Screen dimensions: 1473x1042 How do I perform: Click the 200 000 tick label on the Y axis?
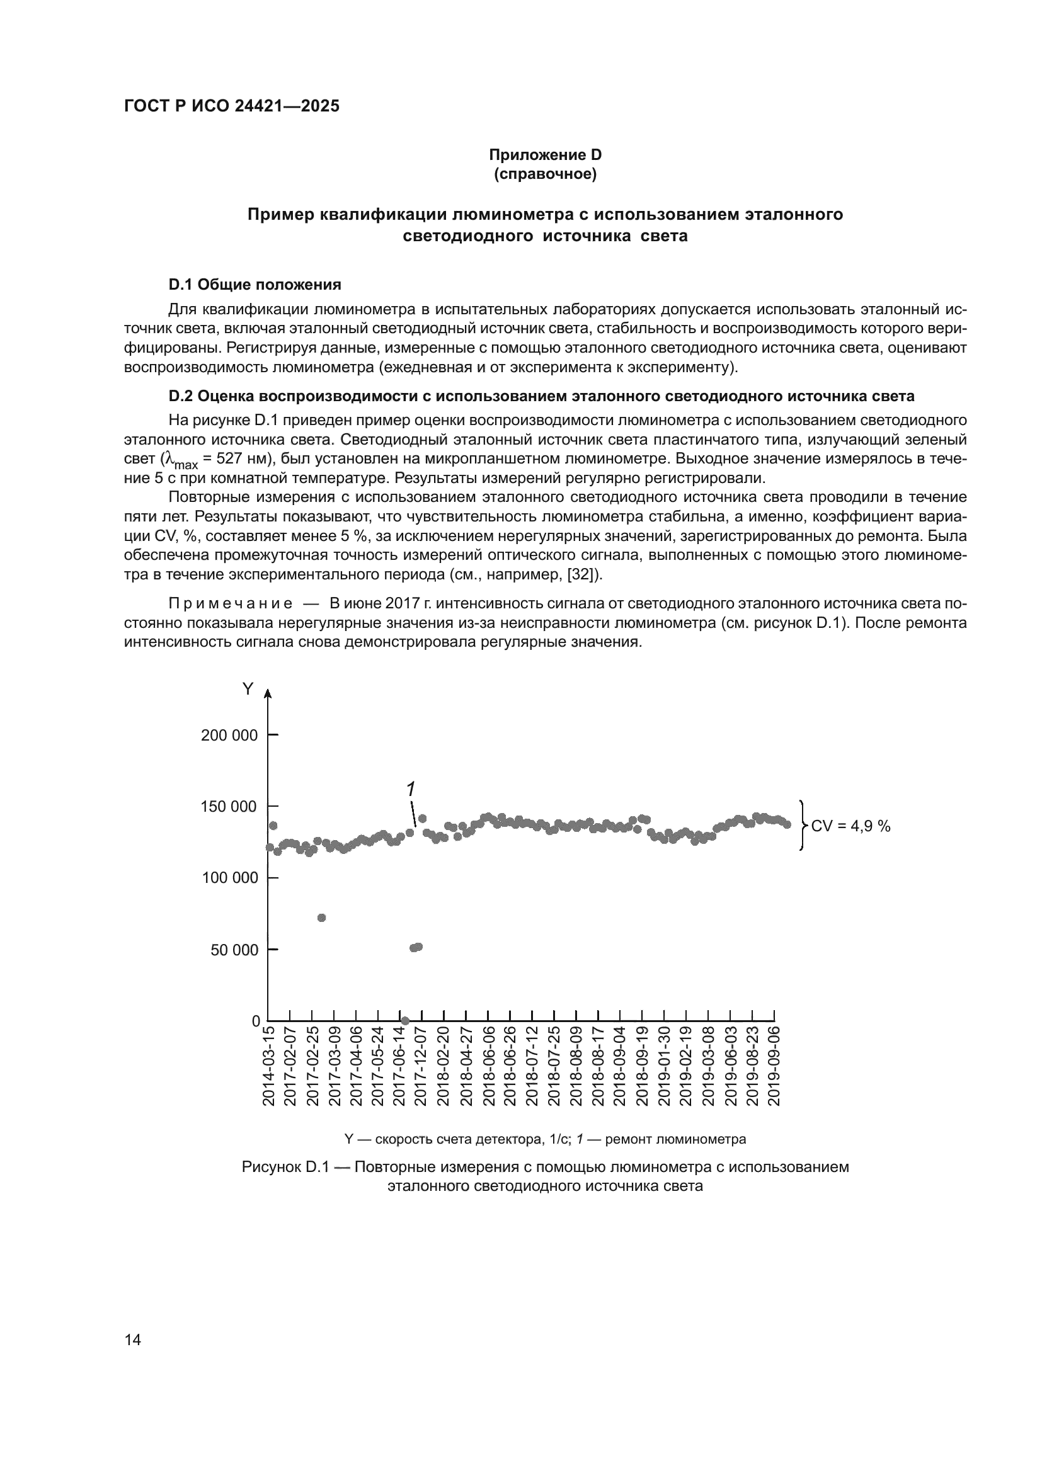229,735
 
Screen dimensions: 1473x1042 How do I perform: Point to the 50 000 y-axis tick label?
234,950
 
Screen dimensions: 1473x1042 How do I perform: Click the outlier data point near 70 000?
321,918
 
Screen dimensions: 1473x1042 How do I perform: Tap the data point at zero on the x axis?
405,1020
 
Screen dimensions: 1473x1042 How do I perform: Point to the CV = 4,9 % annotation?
850,826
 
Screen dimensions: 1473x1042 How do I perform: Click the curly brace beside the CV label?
803,826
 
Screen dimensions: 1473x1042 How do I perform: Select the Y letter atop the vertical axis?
247,690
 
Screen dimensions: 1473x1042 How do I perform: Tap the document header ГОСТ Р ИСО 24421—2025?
232,106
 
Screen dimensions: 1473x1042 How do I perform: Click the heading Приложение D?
545,155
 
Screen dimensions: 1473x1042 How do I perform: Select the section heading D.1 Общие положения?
255,284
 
